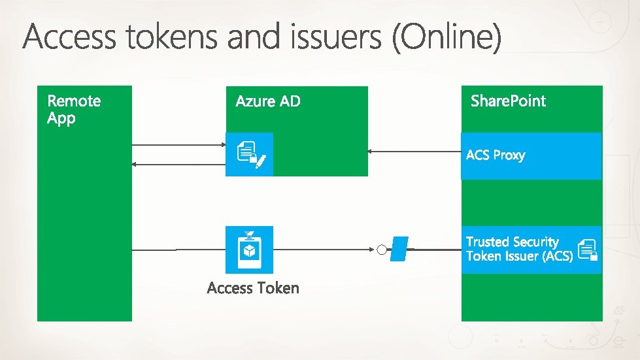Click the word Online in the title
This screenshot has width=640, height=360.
(448, 39)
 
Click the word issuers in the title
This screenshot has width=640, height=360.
(335, 39)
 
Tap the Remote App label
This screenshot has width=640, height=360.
(74, 109)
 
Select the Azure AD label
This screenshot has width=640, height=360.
(268, 101)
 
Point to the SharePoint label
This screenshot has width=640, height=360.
(508, 101)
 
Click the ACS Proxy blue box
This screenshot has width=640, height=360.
(531, 155)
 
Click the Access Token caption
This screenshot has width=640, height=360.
(253, 288)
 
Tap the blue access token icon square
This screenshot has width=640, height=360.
(249, 250)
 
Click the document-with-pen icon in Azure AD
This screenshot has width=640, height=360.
(250, 155)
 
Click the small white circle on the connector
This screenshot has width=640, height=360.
(381, 250)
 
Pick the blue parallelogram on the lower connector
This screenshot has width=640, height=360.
(399, 250)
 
